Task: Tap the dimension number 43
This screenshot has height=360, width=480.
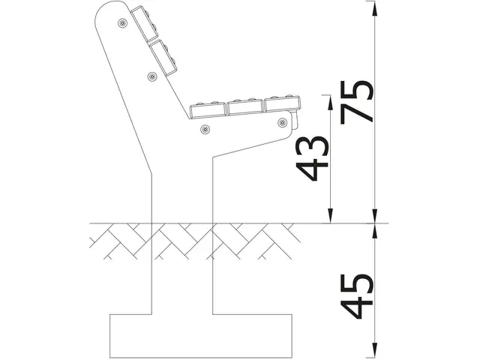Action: [313, 159]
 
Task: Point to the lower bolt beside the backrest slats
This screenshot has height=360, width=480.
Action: [152, 76]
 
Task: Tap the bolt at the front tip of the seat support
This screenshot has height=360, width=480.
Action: [282, 121]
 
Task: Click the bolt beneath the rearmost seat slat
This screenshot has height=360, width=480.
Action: [205, 129]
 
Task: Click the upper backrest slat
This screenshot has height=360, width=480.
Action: [143, 25]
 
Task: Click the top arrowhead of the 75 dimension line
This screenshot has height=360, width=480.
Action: [373, 6]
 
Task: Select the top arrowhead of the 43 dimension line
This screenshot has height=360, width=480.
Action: [328, 99]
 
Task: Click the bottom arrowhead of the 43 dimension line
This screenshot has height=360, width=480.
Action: [328, 218]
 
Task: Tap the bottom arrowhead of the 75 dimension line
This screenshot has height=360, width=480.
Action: [373, 218]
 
